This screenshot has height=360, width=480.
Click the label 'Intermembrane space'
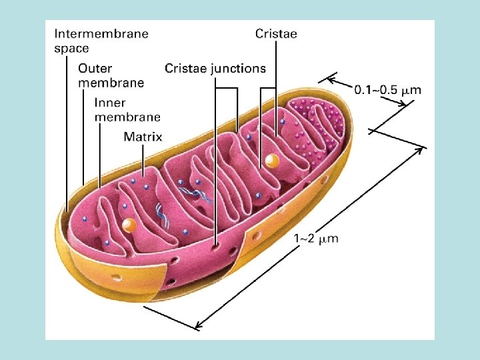click(x=101, y=39)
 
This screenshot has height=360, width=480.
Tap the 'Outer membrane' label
click(x=111, y=75)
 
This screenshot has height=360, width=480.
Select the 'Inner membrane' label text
click(x=127, y=109)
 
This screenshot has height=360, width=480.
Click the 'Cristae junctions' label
click(x=215, y=68)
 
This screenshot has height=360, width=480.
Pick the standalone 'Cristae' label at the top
click(x=276, y=33)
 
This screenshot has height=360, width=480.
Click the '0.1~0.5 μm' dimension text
click(x=387, y=89)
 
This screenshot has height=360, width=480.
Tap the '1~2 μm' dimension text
click(x=316, y=238)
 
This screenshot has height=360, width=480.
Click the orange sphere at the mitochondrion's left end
click(x=130, y=226)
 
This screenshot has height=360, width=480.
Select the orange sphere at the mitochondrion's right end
click(x=271, y=161)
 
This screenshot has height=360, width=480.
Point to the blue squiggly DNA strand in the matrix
click(x=161, y=213)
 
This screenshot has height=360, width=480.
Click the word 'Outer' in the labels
click(x=95, y=67)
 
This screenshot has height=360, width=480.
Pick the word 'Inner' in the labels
click(x=111, y=103)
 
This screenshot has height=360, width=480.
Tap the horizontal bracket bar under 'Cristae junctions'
click(x=227, y=88)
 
